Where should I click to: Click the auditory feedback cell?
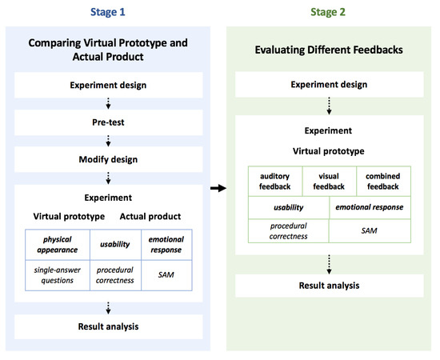(x=274, y=181)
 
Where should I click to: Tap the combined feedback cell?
(x=383, y=181)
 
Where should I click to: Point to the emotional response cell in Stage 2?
(x=369, y=208)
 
